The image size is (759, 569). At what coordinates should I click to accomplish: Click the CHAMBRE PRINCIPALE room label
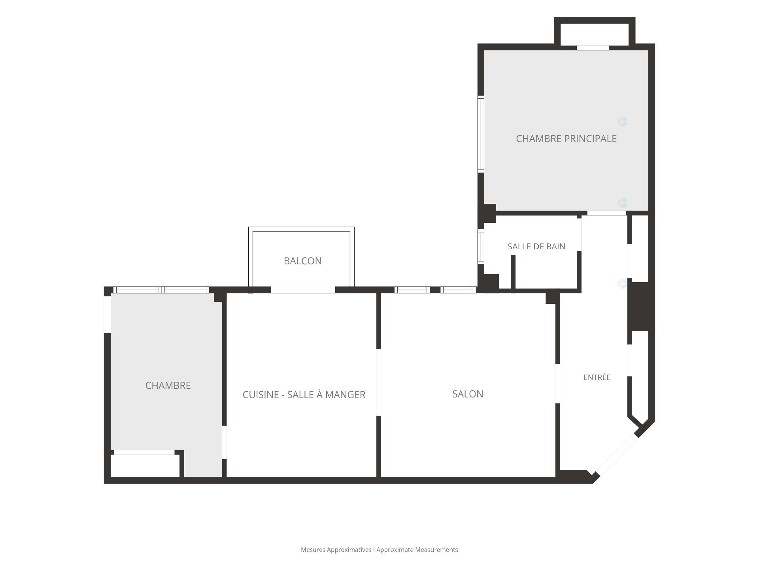click(x=566, y=139)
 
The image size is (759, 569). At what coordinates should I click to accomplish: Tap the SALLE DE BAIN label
click(x=536, y=247)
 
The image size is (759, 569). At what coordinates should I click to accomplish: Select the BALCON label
click(x=303, y=261)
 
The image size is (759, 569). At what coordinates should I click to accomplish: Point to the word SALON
click(x=468, y=394)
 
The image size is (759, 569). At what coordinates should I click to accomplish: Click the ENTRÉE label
click(x=597, y=377)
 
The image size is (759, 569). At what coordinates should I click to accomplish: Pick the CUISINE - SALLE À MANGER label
click(x=304, y=395)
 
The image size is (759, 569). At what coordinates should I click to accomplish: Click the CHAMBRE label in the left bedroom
click(x=168, y=385)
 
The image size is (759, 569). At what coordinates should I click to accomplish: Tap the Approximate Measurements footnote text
click(x=417, y=550)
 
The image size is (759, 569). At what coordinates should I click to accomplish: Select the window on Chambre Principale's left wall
click(x=481, y=134)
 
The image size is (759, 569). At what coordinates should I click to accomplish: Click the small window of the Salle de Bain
click(x=481, y=247)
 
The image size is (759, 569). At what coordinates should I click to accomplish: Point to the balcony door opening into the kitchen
click(x=303, y=290)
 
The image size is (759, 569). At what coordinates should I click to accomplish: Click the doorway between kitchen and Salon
click(x=379, y=382)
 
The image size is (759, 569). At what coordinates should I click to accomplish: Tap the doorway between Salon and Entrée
click(x=558, y=384)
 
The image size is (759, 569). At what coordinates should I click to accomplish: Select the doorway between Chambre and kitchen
click(x=224, y=442)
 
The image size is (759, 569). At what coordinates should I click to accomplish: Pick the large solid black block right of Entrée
click(x=640, y=306)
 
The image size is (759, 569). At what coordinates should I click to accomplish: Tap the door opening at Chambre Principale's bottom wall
click(x=607, y=213)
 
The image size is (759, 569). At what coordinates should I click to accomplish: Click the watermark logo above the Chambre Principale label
click(x=623, y=122)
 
